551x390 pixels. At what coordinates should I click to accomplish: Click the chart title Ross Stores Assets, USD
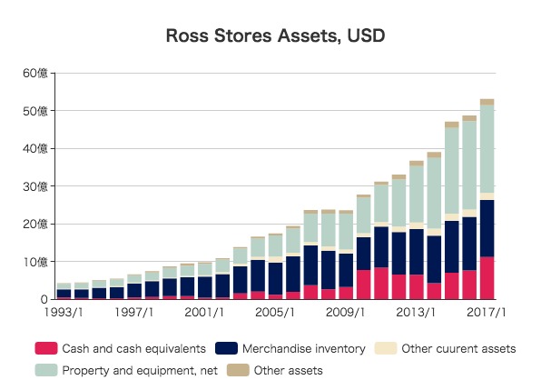click(275, 37)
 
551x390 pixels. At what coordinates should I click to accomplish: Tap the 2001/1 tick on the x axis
click(204, 313)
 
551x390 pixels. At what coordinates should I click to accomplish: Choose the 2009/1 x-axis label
click(346, 313)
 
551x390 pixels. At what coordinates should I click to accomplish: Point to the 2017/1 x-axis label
click(487, 313)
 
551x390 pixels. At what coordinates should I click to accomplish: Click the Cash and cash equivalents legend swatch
click(44, 348)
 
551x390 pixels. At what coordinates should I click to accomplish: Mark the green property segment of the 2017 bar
click(487, 149)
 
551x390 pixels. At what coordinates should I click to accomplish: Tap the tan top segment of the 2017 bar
click(487, 102)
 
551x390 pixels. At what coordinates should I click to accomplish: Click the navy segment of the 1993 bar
click(64, 294)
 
